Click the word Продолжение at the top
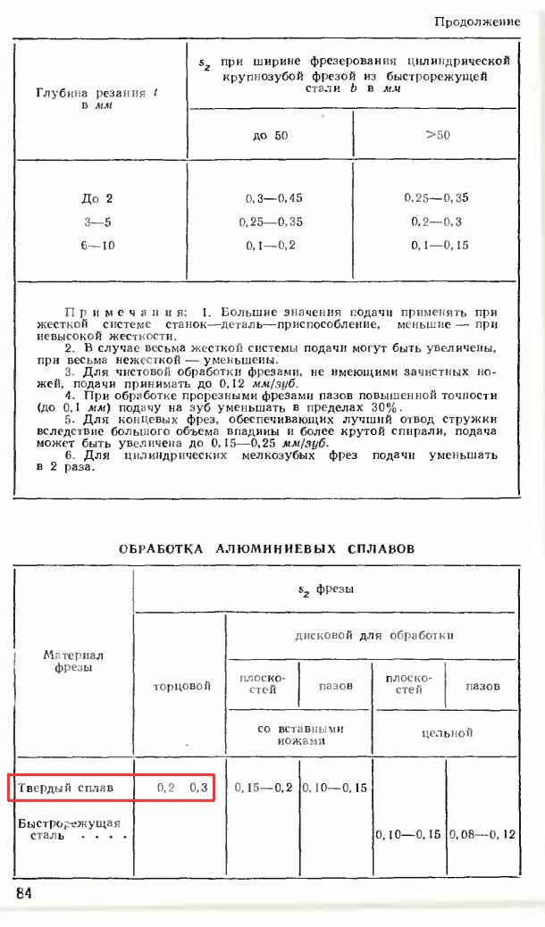(477, 21)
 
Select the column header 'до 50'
(272, 136)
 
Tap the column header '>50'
(437, 136)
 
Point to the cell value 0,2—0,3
(437, 221)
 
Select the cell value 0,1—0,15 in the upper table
(437, 245)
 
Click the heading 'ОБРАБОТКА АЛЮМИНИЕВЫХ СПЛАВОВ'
(266, 549)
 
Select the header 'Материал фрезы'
(74, 661)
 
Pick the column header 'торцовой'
(181, 686)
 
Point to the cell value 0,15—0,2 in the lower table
(263, 788)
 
